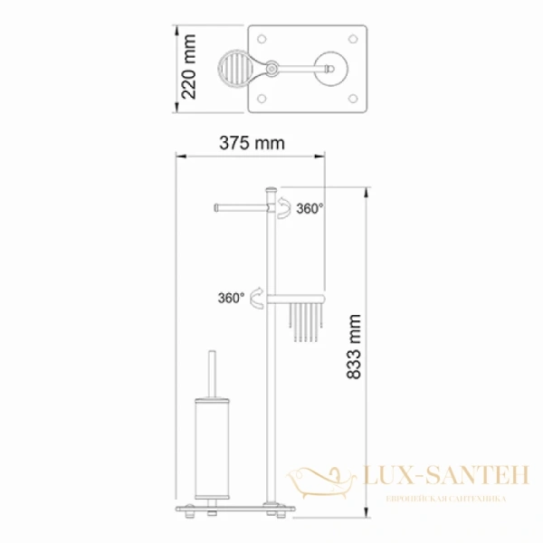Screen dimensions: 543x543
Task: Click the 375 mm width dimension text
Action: (x=251, y=143)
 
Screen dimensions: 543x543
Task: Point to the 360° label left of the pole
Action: (x=230, y=297)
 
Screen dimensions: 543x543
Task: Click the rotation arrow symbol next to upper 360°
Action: (x=284, y=209)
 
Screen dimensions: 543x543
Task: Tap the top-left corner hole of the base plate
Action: (x=264, y=40)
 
